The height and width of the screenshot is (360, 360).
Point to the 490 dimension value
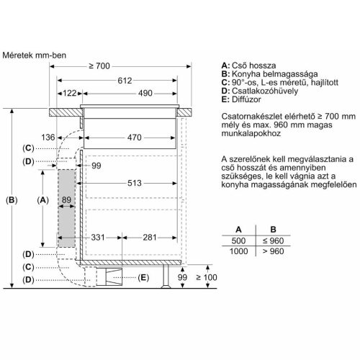click(x=145, y=94)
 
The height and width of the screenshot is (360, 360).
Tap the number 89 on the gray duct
click(x=66, y=199)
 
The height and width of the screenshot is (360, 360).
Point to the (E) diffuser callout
click(x=143, y=277)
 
